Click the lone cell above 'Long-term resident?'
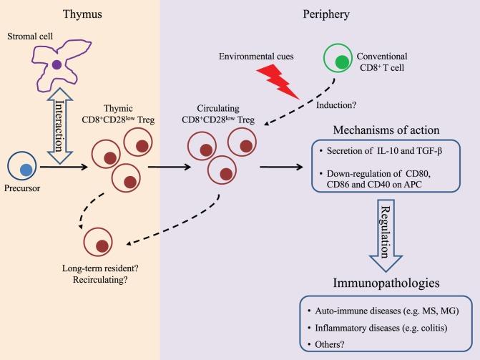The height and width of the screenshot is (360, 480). click(x=102, y=245)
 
